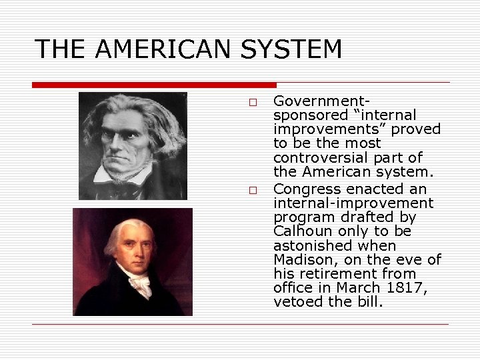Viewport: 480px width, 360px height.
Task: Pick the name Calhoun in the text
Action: (300, 231)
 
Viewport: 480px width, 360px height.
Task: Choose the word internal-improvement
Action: (353, 203)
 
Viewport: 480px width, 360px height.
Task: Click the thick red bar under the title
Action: (154, 85)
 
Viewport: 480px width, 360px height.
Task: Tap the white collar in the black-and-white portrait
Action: (127, 175)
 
